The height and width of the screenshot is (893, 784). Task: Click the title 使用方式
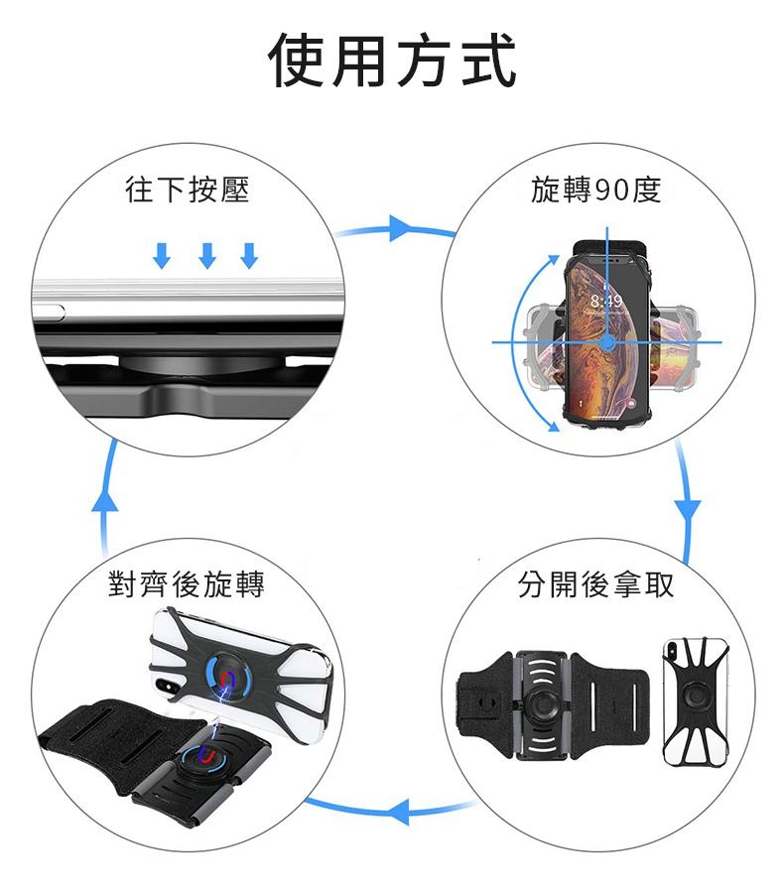[x=392, y=62]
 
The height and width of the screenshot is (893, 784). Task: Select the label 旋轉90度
[x=595, y=190]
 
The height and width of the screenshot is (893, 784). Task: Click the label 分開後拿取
[x=595, y=584]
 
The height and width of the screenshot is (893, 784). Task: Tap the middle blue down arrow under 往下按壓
[x=206, y=255]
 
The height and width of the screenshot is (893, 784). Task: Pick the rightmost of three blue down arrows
[x=249, y=255]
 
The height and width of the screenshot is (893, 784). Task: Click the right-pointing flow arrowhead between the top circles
[x=401, y=228]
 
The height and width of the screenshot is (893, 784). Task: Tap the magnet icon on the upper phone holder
[x=229, y=678]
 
